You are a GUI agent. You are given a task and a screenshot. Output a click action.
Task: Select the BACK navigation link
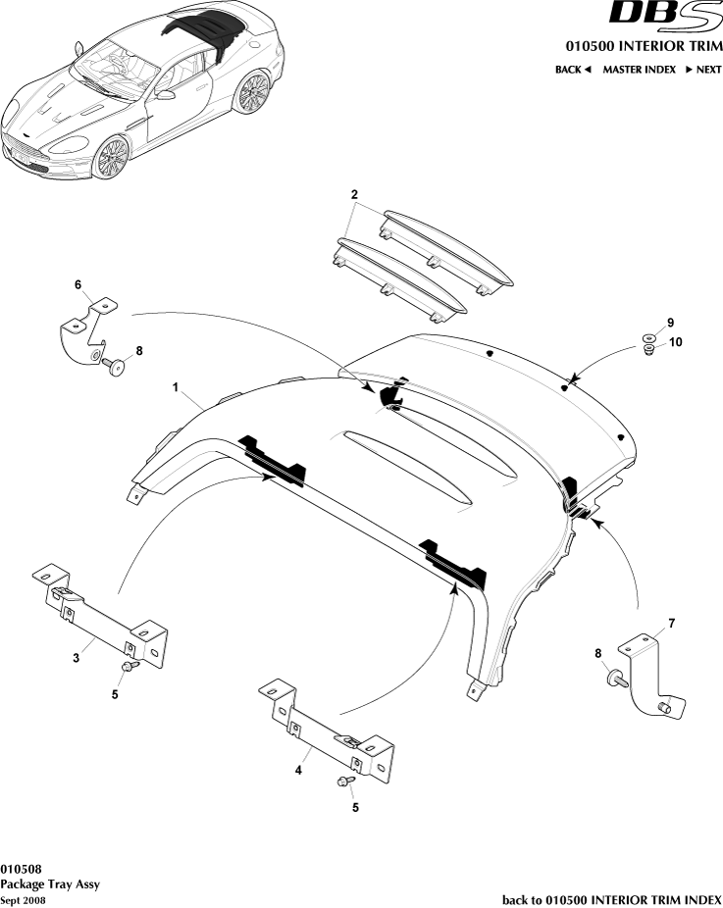pos(573,70)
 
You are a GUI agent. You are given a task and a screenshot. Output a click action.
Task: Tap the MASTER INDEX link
pos(639,70)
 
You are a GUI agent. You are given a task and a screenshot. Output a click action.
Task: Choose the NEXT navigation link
pos(703,70)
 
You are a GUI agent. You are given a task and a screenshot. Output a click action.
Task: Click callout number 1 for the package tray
pos(176,389)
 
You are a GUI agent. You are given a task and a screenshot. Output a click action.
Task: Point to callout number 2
pos(353,194)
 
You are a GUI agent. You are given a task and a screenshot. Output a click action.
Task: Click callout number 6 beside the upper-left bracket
pos(78,284)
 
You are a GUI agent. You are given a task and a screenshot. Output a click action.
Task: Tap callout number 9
pos(671,323)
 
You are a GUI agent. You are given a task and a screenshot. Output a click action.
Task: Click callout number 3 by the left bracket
pos(77,657)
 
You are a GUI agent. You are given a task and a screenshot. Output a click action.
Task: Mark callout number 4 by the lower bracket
pos(298,770)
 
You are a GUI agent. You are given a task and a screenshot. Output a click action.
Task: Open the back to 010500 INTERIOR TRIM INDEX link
pos(611,899)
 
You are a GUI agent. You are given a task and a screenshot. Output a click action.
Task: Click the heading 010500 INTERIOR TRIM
pos(643,47)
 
